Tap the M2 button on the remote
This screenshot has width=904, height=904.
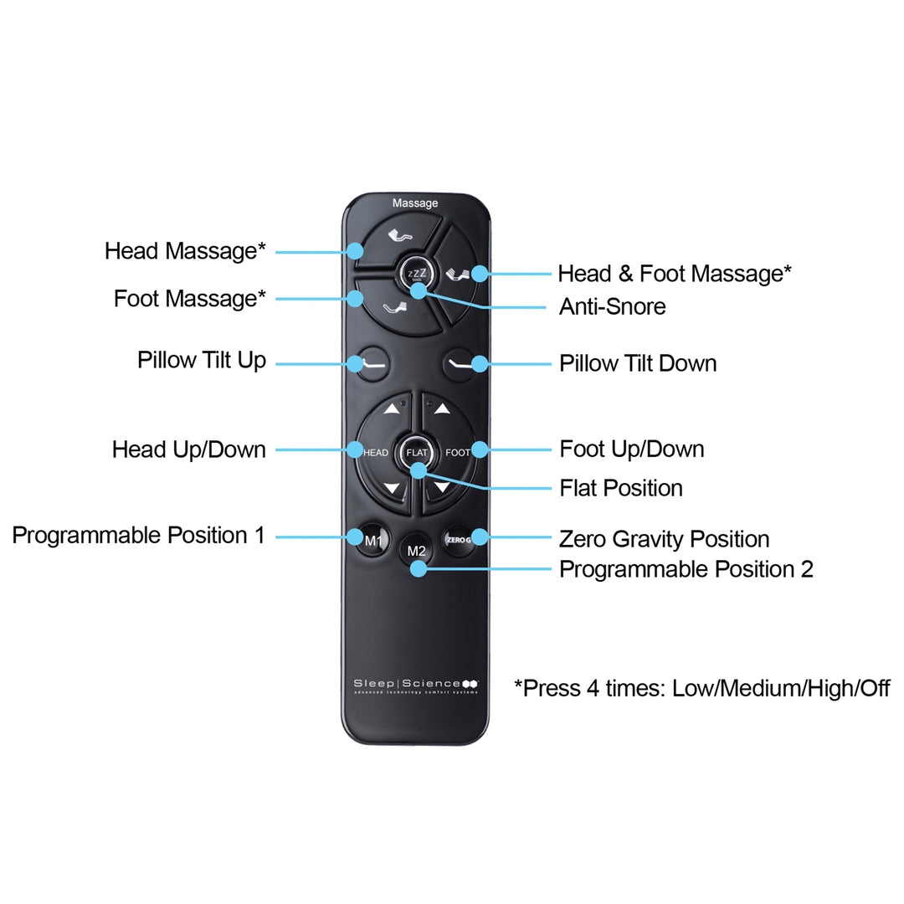[416, 551]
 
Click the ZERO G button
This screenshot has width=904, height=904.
[458, 540]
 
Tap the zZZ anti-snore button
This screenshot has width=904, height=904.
[416, 274]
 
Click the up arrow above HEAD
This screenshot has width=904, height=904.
[392, 409]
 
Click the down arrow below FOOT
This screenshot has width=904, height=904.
[442, 486]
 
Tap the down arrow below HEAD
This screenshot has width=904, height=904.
[392, 487]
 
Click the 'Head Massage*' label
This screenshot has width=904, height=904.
[185, 250]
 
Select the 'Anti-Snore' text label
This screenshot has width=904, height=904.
[612, 306]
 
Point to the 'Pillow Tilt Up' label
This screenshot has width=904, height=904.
[202, 360]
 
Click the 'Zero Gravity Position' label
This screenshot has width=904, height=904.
[664, 539]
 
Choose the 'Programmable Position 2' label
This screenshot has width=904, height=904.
[686, 569]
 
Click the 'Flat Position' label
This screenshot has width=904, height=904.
[621, 488]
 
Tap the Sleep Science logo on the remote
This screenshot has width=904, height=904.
[416, 686]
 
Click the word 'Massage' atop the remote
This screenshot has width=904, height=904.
[415, 203]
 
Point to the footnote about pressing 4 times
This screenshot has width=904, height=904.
[701, 689]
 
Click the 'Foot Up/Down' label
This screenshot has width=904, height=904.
[631, 449]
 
